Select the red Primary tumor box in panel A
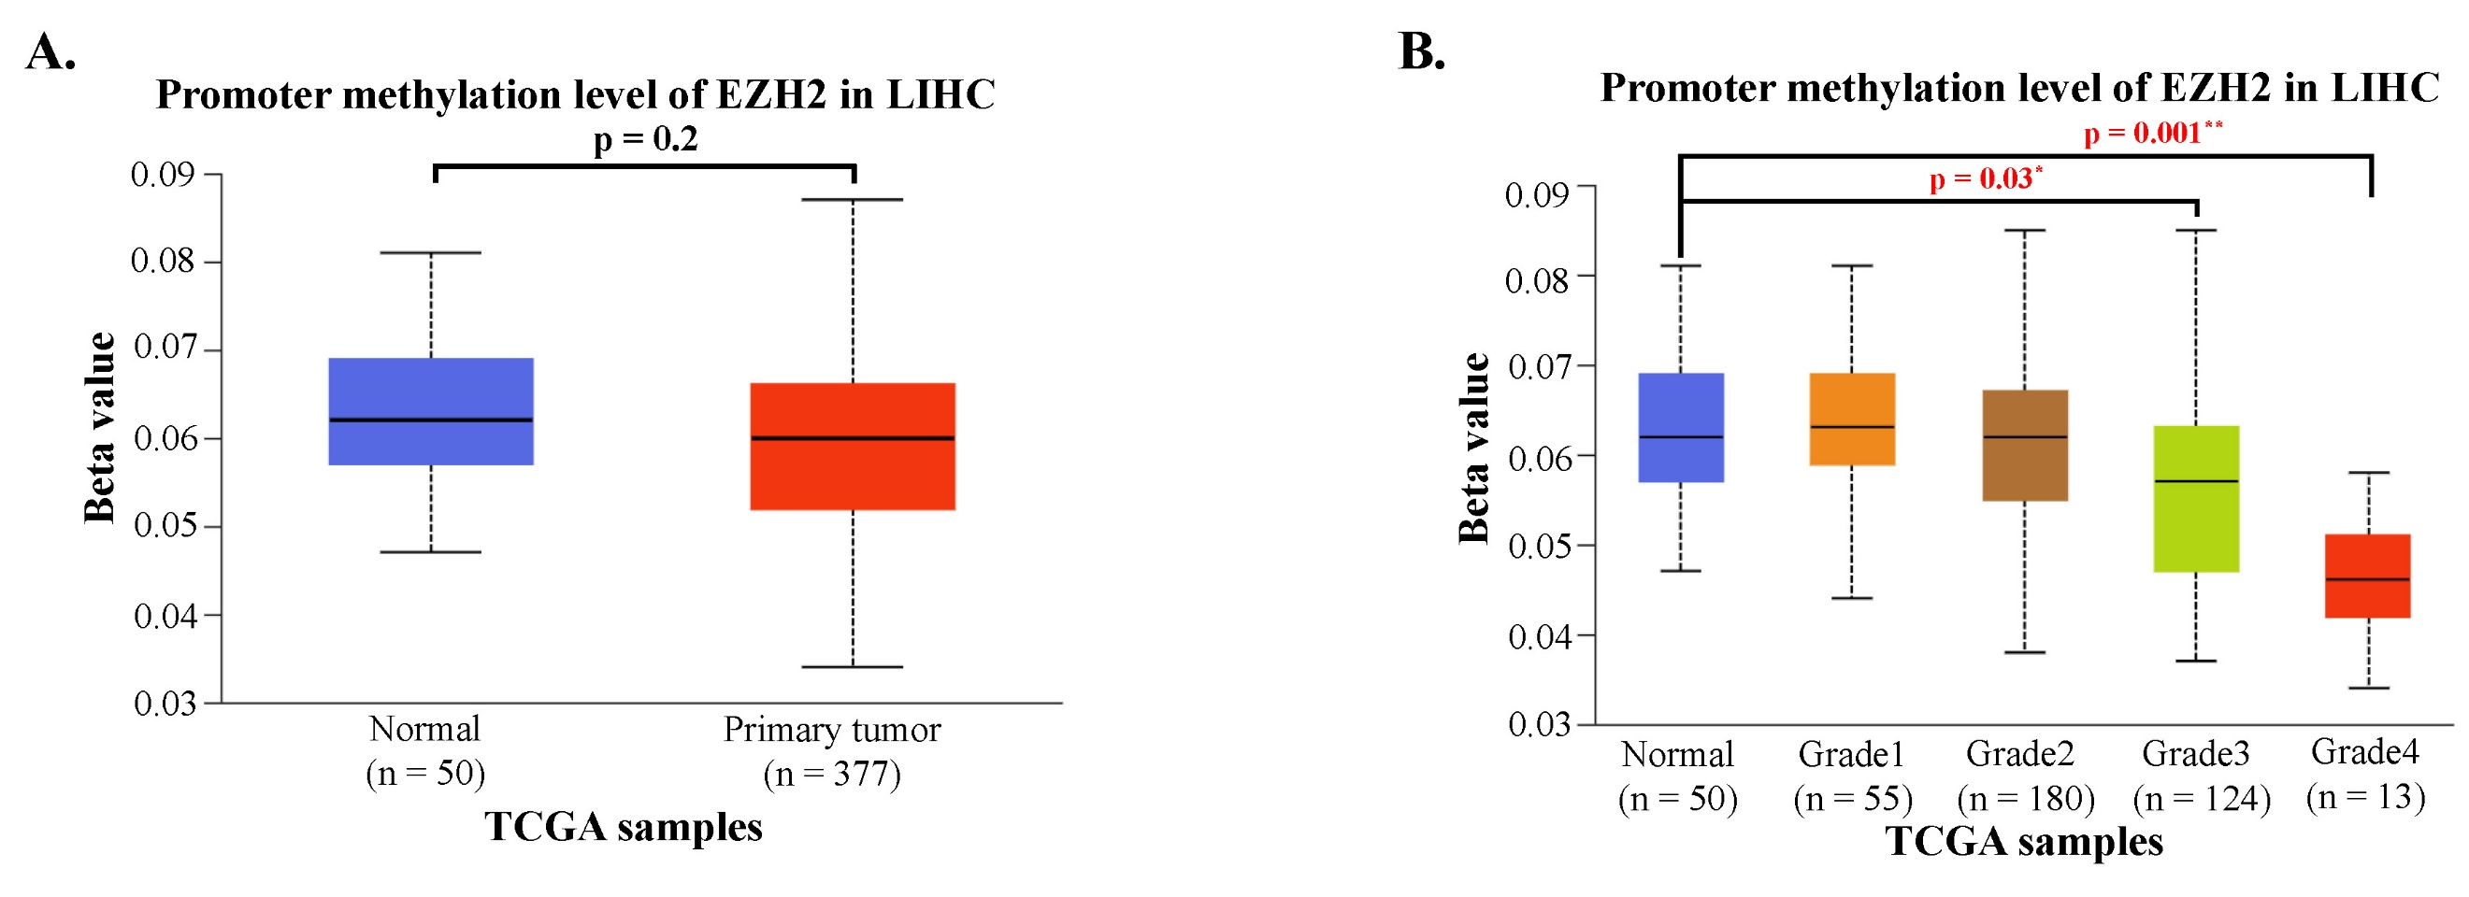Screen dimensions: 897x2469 pyautogui.click(x=852, y=470)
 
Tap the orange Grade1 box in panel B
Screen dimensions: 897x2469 pyautogui.click(x=1852, y=403)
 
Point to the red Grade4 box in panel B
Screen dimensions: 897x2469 pyautogui.click(x=2367, y=556)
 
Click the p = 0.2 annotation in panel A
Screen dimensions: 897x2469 pyautogui.click(x=645, y=140)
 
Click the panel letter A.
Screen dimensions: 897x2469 pyautogui.click(x=50, y=51)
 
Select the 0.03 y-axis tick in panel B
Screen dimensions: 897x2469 pyautogui.click(x=1538, y=724)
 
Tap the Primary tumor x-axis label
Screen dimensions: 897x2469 pyautogui.click(x=831, y=731)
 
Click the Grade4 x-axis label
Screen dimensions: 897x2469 pyautogui.click(x=2364, y=752)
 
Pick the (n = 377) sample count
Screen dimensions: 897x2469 pyautogui.click(x=831, y=774)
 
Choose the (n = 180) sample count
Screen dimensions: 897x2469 pyautogui.click(x=2025, y=798)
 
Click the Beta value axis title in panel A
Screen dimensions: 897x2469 pyautogui.click(x=100, y=427)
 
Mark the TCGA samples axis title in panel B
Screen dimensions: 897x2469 pyautogui.click(x=2023, y=842)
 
